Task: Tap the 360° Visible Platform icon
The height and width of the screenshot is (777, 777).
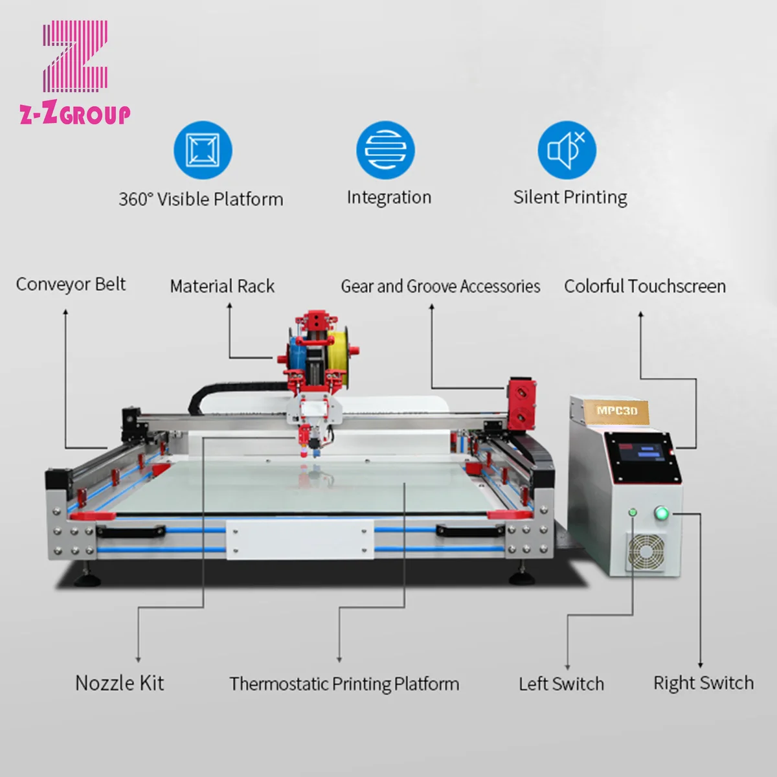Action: coord(202,150)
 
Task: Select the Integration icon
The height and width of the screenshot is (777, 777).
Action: coord(385,150)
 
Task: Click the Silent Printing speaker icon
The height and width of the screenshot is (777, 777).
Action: coord(567,150)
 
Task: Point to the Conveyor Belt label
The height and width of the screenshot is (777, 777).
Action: coord(71,284)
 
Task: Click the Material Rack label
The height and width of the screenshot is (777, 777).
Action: coord(222,286)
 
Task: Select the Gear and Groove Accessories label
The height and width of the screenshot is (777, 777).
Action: coord(440,286)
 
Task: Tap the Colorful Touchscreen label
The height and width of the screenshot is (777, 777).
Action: coord(645,286)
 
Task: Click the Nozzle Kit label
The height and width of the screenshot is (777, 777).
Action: coord(120,683)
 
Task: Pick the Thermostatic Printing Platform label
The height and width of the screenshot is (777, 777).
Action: coord(344,684)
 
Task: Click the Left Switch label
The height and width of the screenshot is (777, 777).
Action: coord(561,684)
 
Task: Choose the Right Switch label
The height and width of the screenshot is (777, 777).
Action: coord(703,683)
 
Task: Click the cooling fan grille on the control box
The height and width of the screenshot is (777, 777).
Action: coord(645,552)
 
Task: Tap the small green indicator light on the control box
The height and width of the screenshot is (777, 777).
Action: coord(633,513)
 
